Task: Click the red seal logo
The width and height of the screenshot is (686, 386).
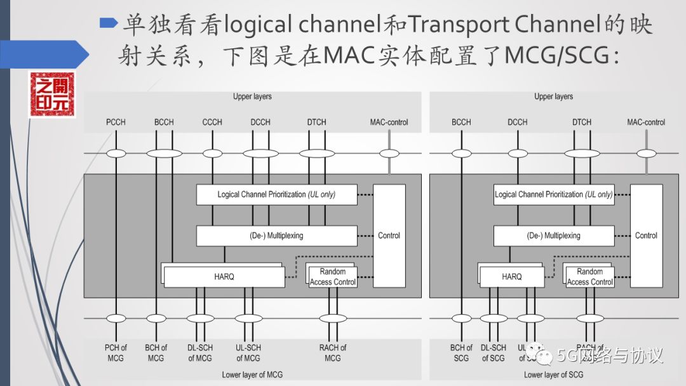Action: coord(51,95)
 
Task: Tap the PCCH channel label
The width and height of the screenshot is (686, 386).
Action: coord(116,122)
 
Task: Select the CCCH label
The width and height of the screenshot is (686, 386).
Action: coord(212,122)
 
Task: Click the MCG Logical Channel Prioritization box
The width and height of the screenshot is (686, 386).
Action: coord(276,194)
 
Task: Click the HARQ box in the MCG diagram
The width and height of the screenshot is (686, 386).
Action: coord(224,277)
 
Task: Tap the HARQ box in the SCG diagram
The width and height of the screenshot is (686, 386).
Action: coord(512,277)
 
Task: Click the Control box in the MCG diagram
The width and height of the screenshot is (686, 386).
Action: coord(389,236)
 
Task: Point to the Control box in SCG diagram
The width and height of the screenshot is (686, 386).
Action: coord(646,236)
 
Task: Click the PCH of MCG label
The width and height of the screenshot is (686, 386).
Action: coord(116,352)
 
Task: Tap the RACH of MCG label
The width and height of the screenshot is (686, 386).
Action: coord(333,352)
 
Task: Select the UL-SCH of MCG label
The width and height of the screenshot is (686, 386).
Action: coord(248,352)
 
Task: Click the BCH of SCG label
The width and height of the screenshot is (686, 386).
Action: coord(461,352)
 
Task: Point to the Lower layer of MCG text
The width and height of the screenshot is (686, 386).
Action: coord(252,375)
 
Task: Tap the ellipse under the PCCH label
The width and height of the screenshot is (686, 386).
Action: coord(116,153)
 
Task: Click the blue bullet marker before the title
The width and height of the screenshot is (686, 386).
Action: coord(109,23)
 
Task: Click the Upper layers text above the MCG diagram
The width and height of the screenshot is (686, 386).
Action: coord(252,96)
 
